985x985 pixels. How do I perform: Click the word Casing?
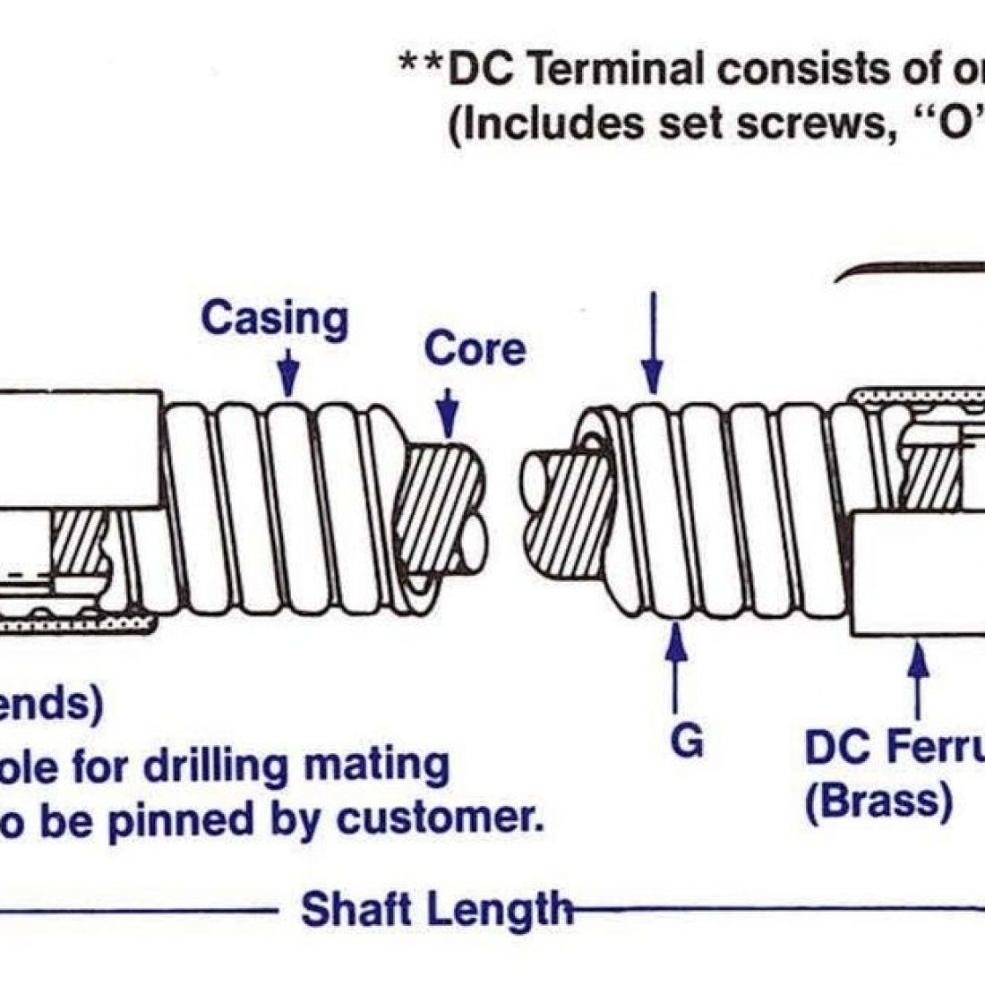coord(274,320)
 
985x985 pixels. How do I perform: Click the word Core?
coord(474,347)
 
